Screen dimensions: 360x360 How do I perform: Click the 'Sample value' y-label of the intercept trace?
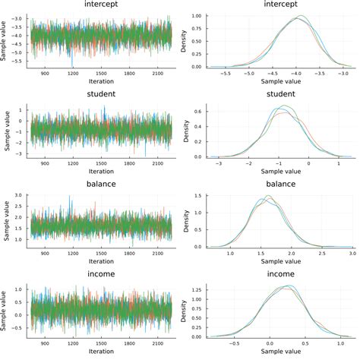(6, 36)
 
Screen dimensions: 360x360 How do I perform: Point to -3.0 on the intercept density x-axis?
(343, 74)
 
